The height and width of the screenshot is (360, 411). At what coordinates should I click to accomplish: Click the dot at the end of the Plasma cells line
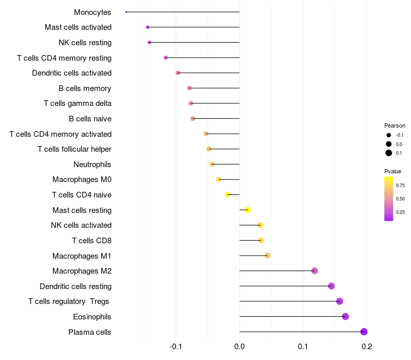364,332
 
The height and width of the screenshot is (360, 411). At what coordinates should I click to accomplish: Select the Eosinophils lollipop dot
345,316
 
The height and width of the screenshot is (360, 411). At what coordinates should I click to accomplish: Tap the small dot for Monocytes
126,12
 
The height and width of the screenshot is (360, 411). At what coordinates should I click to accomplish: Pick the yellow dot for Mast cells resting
248,210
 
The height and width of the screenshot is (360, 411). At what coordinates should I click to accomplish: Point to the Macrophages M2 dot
314,271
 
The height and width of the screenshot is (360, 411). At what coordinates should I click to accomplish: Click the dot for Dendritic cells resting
331,286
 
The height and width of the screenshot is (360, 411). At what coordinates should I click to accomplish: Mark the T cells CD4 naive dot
228,194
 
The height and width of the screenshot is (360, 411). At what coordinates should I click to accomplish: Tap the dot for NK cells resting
149,42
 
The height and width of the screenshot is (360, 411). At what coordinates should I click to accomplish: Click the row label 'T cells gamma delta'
78,103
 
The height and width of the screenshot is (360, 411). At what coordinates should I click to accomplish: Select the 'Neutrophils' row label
92,165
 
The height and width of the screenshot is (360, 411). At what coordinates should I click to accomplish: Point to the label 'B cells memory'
85,88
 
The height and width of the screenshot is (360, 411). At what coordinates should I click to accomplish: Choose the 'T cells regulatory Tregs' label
69,301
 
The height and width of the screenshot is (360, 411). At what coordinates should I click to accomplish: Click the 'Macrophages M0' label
82,179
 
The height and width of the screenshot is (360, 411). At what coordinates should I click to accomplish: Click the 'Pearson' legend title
395,125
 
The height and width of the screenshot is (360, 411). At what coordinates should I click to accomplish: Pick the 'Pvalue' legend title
393,171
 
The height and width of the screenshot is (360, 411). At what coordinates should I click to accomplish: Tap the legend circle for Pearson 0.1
389,153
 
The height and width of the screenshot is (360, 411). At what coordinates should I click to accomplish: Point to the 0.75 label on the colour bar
400,185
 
